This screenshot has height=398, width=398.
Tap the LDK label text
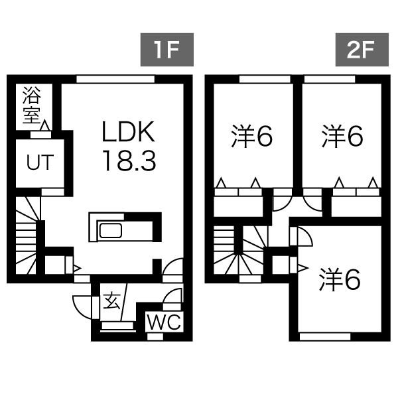click(128, 133)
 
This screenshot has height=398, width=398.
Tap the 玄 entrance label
click(111, 302)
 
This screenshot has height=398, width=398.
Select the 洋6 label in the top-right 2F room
click(342, 137)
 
